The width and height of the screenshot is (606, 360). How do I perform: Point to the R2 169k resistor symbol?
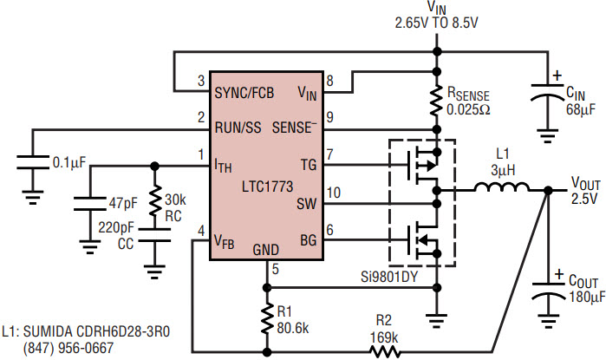384,351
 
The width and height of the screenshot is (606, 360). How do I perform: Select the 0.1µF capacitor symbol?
32,162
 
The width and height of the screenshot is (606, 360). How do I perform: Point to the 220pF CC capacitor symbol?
155,239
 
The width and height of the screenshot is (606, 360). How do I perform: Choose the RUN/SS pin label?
237,128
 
